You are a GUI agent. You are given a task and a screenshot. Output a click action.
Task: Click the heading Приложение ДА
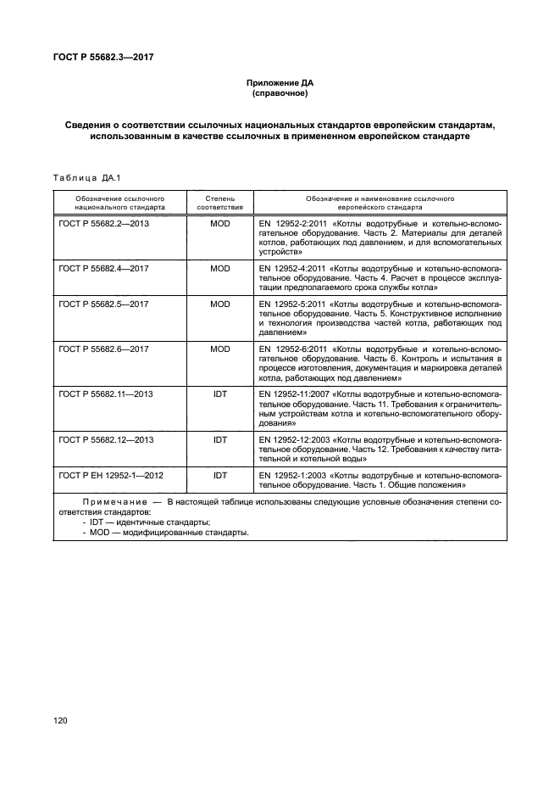point(280,82)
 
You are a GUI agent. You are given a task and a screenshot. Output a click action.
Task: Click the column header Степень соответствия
point(220,201)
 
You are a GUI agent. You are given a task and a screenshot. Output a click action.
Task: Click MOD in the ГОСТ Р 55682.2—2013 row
point(220,222)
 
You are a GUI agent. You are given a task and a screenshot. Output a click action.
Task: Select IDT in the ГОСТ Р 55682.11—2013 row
point(220,394)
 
